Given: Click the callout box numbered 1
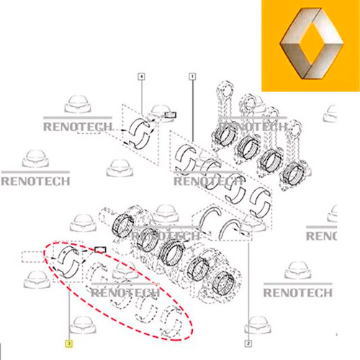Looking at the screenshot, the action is coord(192,76).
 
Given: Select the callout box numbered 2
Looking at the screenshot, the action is coord(248,343).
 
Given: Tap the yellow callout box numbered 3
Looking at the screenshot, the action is coord(69,343).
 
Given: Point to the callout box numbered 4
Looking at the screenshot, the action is coord(141,76).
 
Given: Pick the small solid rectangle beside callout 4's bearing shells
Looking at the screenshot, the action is coord(170,115).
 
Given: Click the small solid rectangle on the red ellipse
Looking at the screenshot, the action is coord(100,250).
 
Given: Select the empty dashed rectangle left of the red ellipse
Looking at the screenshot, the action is coord(32,257).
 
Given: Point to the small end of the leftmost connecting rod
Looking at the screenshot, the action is coord(225,89).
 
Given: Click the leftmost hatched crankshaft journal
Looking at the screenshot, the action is coord(122,225).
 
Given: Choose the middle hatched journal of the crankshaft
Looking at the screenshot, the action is coord(171,252).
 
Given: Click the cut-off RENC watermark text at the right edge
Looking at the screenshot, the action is coord(321,236).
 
